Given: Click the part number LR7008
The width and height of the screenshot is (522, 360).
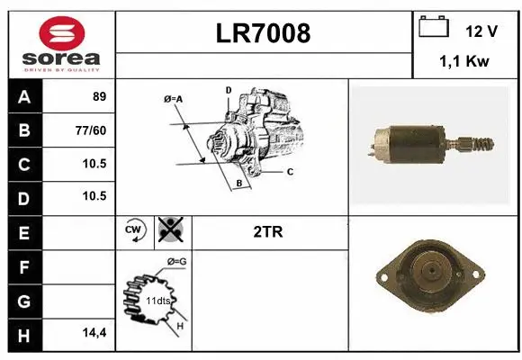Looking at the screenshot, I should point(264,34).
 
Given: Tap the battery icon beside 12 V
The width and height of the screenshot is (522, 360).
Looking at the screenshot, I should point(435,27).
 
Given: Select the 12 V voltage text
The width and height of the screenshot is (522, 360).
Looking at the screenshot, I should point(481,31).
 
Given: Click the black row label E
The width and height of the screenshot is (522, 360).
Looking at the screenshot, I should point(23,232).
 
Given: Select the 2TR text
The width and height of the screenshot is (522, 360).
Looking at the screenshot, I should point(268,231).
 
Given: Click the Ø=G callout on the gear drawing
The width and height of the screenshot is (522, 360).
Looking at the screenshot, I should point(176,262).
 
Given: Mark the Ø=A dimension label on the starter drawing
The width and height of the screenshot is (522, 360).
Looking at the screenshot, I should point(173,99).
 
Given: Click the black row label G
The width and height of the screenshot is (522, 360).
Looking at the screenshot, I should point(23,299).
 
